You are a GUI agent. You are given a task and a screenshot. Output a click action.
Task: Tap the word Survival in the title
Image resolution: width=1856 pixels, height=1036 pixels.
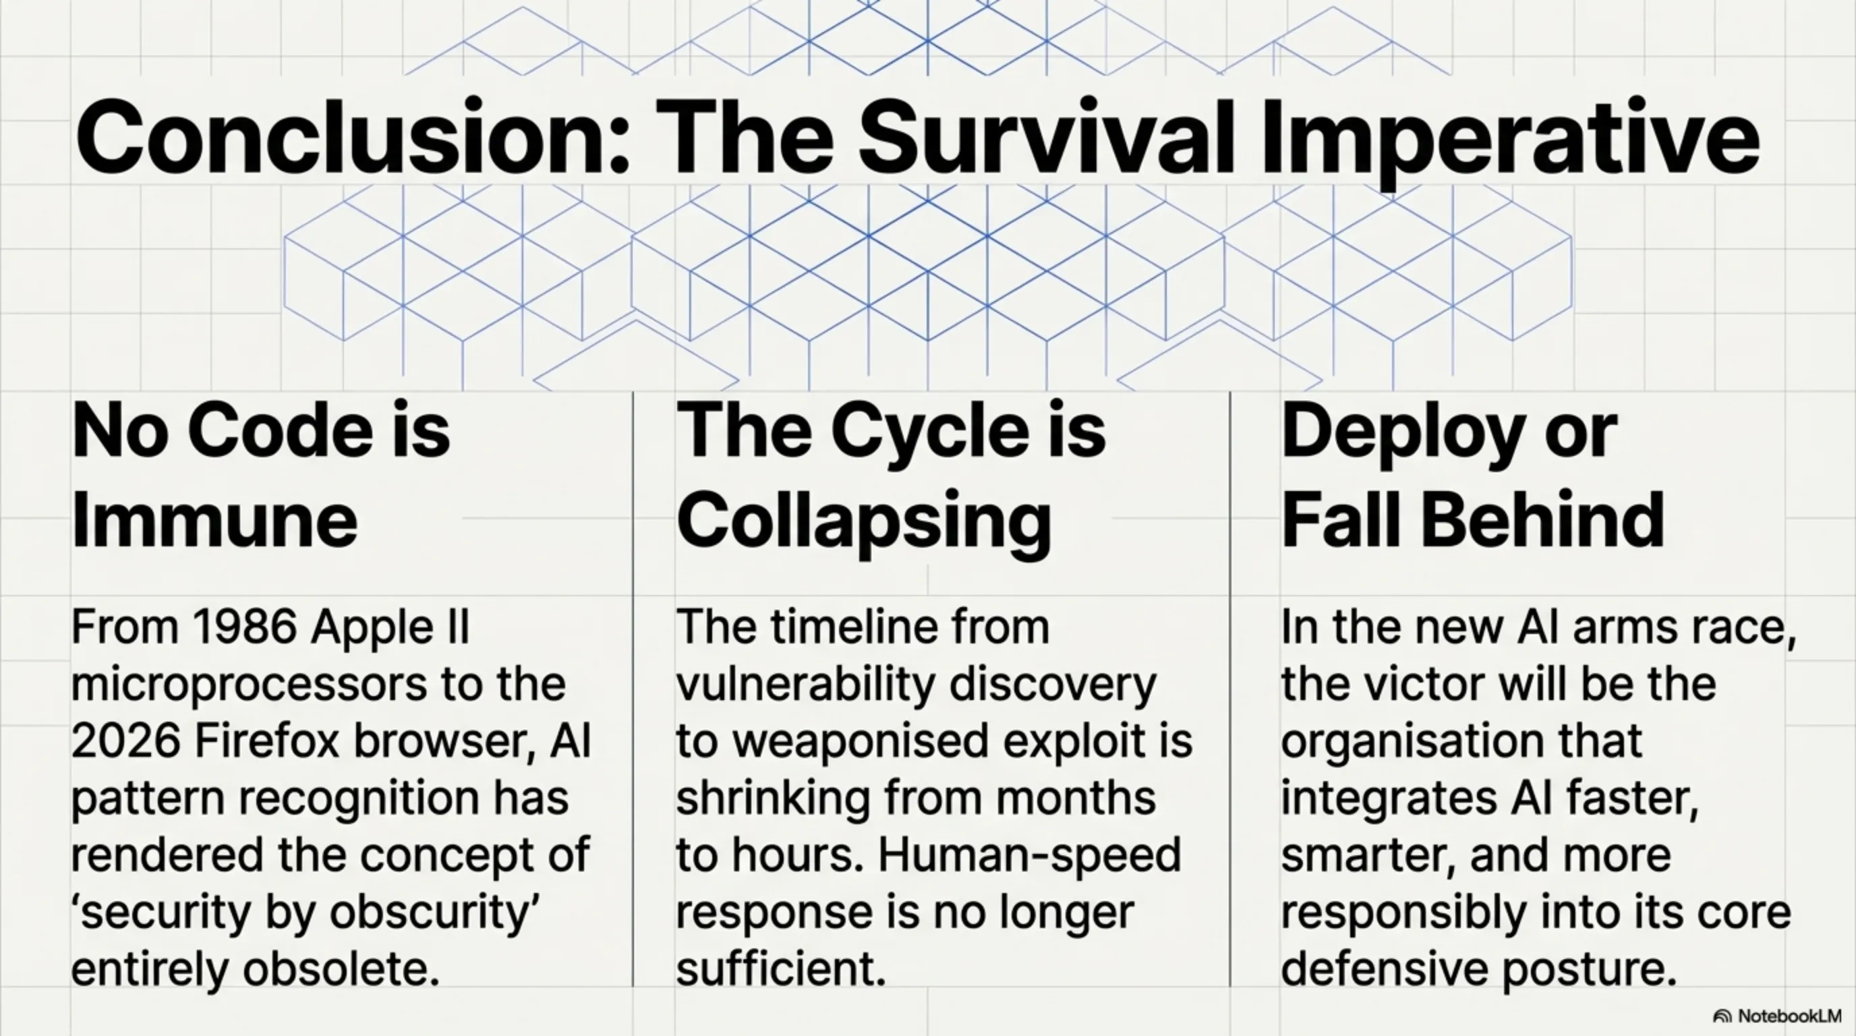pyautogui.click(x=1045, y=136)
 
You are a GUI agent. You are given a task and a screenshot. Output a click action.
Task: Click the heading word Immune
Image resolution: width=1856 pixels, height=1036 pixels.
pyautogui.click(x=214, y=519)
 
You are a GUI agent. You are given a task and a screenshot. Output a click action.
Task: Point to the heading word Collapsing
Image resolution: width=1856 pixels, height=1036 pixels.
pyautogui.click(x=864, y=521)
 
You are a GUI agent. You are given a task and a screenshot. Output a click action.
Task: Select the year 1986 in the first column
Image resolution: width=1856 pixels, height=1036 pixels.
pyautogui.click(x=245, y=627)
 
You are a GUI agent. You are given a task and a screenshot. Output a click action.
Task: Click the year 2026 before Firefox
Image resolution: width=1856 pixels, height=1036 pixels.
pyautogui.click(x=125, y=741)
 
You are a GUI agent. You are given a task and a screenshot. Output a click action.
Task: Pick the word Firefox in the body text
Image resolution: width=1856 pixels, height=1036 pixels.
pyautogui.click(x=266, y=741)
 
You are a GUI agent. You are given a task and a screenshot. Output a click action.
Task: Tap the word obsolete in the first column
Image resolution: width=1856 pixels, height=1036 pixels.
pyautogui.click(x=341, y=969)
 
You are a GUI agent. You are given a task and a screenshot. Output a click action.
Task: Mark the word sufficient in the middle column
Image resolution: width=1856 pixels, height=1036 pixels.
pyautogui.click(x=781, y=969)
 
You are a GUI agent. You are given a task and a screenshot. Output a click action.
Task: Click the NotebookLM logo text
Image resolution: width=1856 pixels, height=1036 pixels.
pyautogui.click(x=1791, y=1016)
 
